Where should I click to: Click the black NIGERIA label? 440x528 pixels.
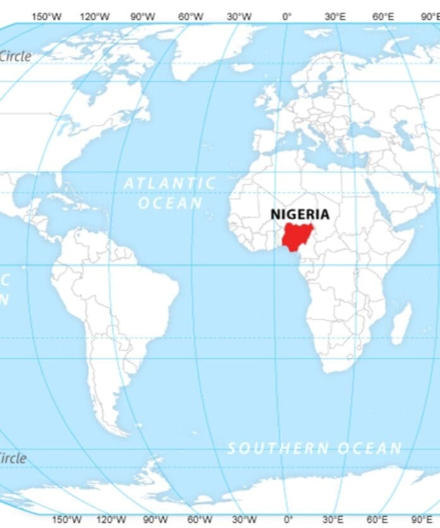[x=300, y=214]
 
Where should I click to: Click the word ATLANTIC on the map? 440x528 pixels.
[x=169, y=183]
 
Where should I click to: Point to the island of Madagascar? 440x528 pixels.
[x=401, y=324]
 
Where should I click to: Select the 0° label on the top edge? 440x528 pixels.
[x=288, y=17]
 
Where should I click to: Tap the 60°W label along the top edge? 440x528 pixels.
[x=190, y=17]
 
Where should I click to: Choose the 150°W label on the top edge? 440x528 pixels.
[x=47, y=17]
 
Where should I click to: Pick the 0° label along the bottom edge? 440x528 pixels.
[x=288, y=520]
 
